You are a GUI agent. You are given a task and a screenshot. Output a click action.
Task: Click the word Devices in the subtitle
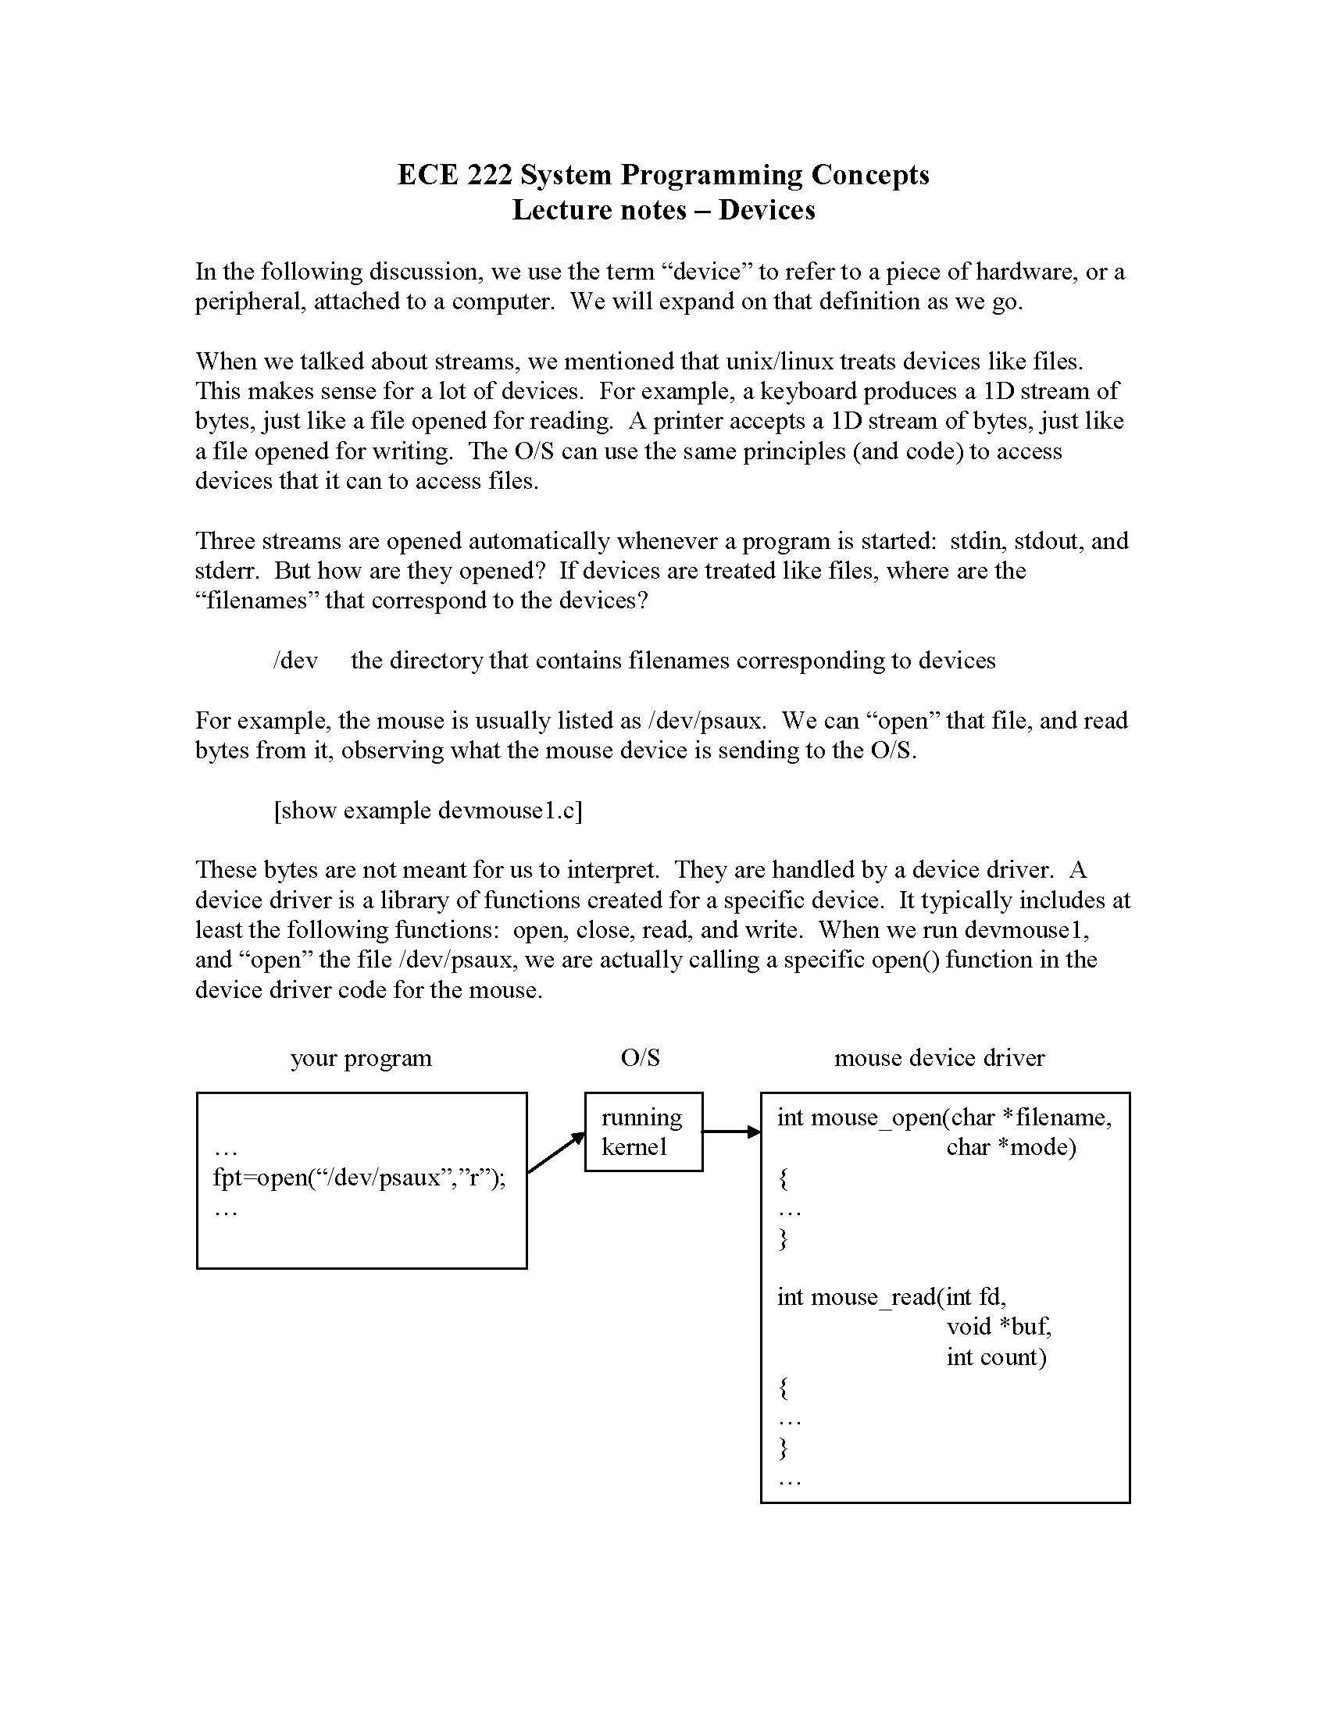click(x=766, y=210)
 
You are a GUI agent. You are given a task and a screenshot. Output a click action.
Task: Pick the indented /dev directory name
click(x=295, y=660)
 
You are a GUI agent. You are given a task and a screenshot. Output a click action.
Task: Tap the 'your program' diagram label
click(x=361, y=1058)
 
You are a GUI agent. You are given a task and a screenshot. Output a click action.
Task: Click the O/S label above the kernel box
click(x=640, y=1058)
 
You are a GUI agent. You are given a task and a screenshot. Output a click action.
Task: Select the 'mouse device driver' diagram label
click(x=939, y=1058)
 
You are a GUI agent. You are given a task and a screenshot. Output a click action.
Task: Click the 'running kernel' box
click(x=643, y=1132)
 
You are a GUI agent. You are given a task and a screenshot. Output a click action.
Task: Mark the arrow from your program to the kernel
click(x=556, y=1153)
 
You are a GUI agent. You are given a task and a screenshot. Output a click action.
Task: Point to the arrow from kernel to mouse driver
click(x=731, y=1132)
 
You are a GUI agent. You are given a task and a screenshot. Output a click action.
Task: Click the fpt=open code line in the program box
click(x=359, y=1178)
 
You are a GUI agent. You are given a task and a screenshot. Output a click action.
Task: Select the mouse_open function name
click(x=877, y=1117)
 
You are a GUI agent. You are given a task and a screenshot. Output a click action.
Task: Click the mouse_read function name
click(x=873, y=1297)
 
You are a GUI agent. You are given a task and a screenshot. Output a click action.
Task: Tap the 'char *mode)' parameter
click(x=1011, y=1148)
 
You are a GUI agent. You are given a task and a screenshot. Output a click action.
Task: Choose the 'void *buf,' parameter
click(x=998, y=1327)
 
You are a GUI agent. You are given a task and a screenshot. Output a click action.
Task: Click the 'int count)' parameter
click(x=996, y=1357)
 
